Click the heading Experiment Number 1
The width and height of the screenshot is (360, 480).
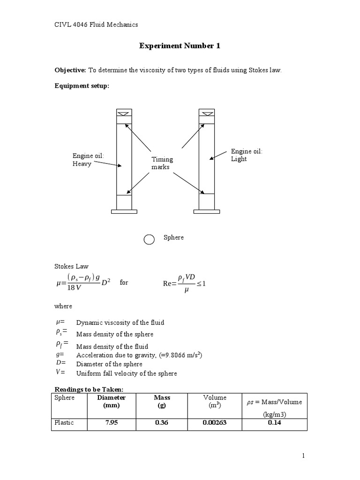coord(180,46)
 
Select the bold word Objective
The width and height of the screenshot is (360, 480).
coord(70,70)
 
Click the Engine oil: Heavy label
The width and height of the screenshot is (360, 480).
coord(88,160)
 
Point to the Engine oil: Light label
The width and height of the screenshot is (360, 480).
coord(247,155)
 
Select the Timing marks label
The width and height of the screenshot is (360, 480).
coord(162,163)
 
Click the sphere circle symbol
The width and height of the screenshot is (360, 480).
coord(149,240)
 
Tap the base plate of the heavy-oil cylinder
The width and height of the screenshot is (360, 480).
coord(124,211)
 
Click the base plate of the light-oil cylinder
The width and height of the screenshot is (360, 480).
coord(206,211)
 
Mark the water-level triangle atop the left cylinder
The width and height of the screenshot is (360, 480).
coord(124,113)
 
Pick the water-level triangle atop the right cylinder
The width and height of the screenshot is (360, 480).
coord(206,113)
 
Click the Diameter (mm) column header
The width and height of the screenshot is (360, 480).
coord(111,401)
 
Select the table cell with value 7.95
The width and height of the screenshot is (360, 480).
coord(111,423)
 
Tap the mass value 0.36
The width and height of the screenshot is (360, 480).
coord(162,423)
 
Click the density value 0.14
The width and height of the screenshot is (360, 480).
coord(274,423)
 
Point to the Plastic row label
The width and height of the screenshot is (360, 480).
coord(64,423)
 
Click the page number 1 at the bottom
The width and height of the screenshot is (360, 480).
coord(304,456)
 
